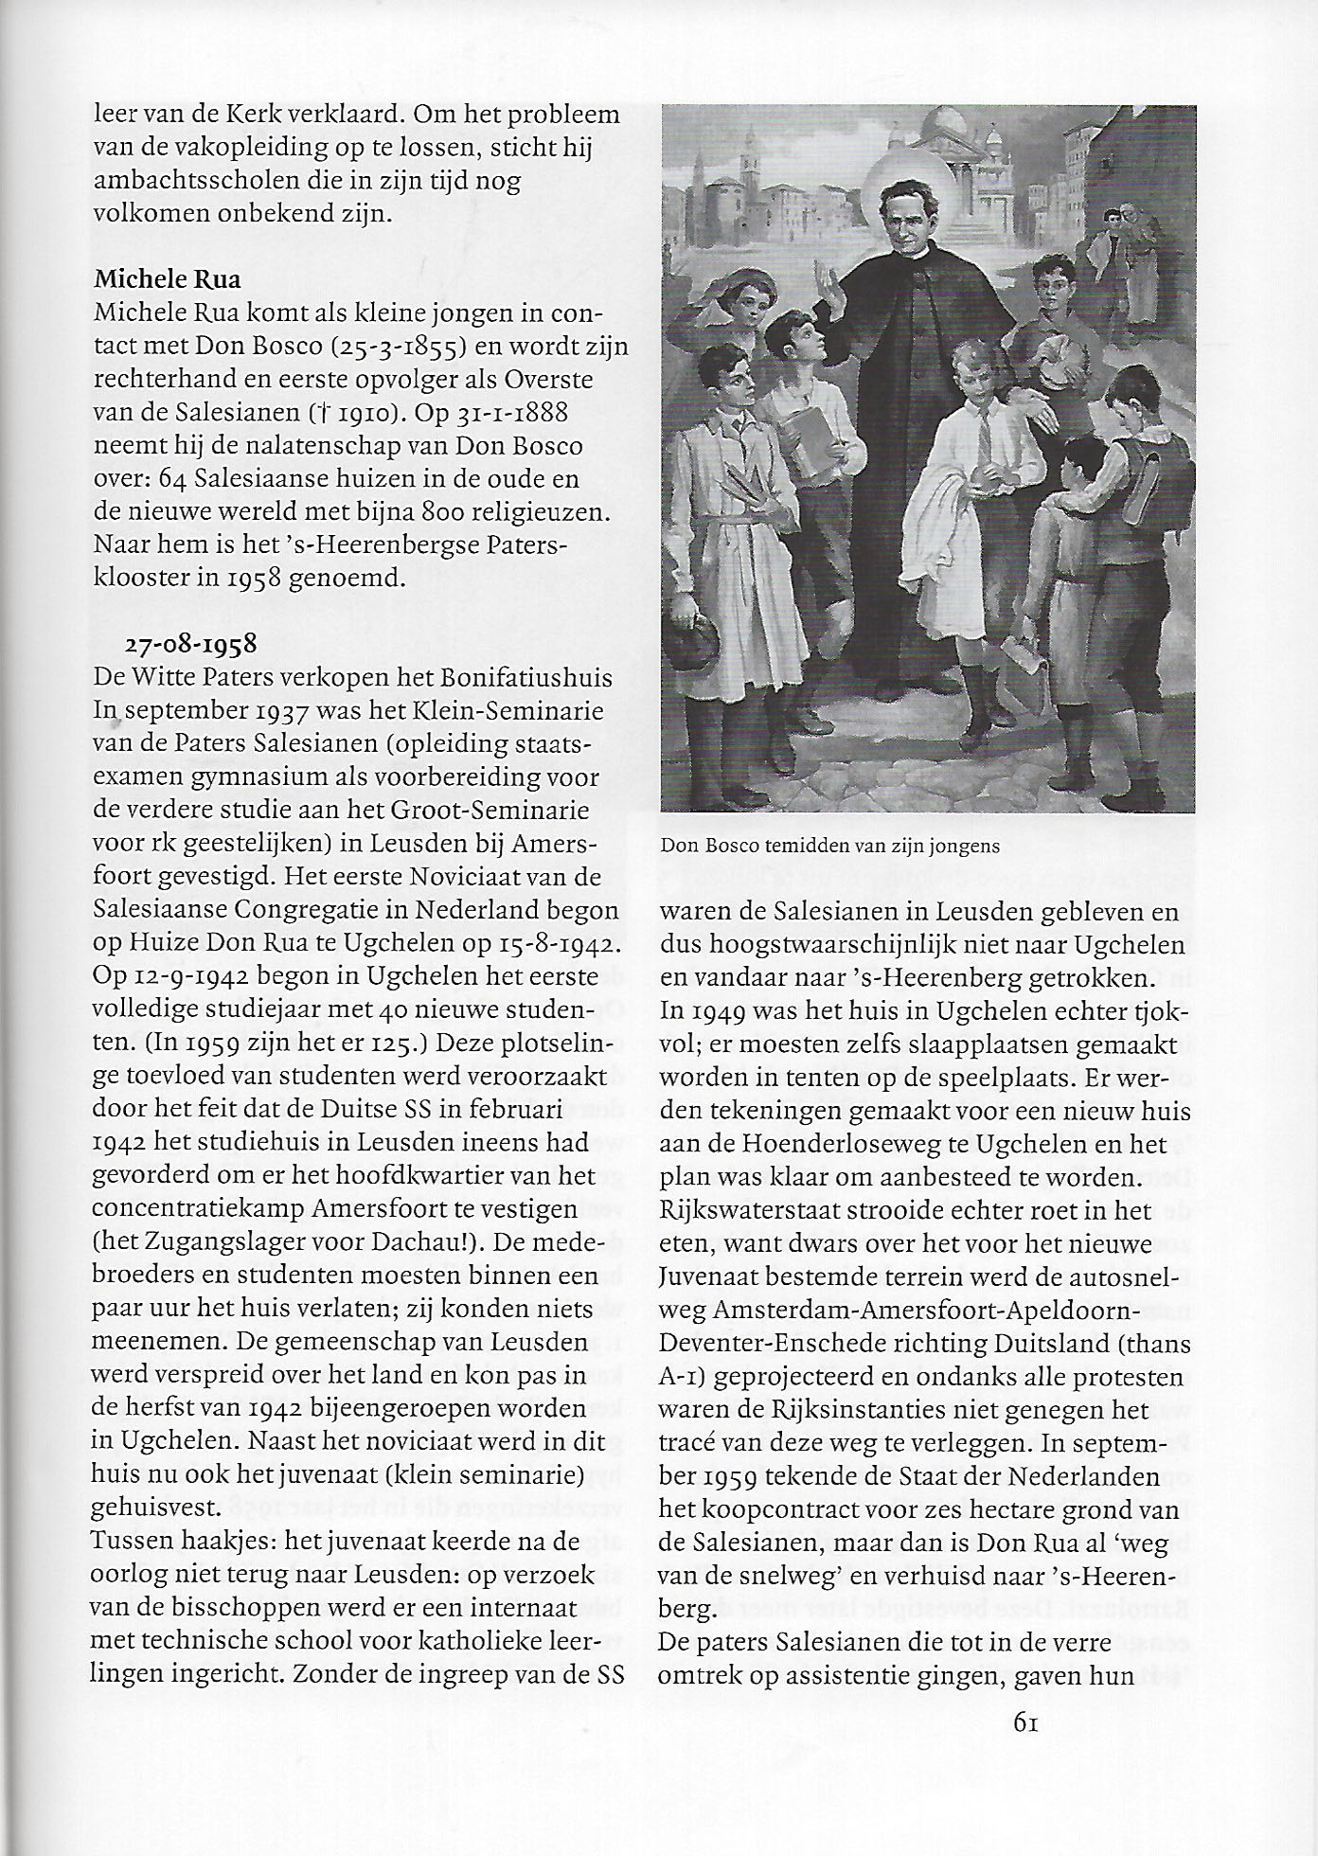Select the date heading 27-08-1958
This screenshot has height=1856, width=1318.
191,644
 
